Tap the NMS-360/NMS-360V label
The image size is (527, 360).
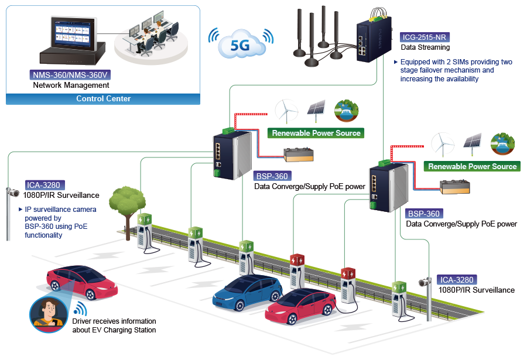[70, 75]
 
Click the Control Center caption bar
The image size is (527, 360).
[103, 98]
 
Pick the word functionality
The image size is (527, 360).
[43, 235]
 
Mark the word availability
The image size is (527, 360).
[458, 78]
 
